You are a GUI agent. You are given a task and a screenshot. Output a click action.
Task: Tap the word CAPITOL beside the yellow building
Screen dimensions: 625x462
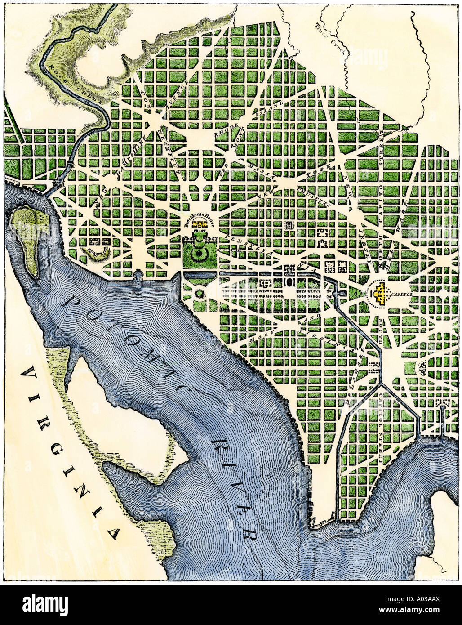click(x=401, y=295)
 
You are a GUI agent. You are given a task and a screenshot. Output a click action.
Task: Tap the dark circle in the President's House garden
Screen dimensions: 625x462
click(x=198, y=254)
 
